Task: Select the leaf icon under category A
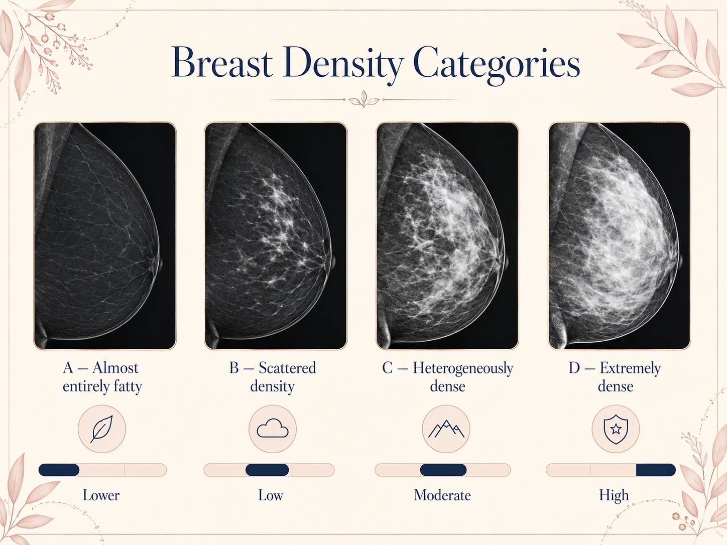(x=102, y=429)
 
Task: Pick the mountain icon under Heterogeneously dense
(x=446, y=429)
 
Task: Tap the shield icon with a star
(x=616, y=429)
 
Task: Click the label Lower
(x=101, y=495)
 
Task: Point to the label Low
(x=271, y=495)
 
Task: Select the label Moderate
(x=442, y=495)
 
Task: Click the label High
(x=614, y=496)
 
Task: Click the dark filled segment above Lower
(x=59, y=470)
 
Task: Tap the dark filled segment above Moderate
(x=443, y=470)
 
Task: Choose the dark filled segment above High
(x=656, y=470)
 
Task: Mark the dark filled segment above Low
(x=267, y=470)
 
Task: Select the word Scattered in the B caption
(x=287, y=368)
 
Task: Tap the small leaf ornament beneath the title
(x=364, y=99)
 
